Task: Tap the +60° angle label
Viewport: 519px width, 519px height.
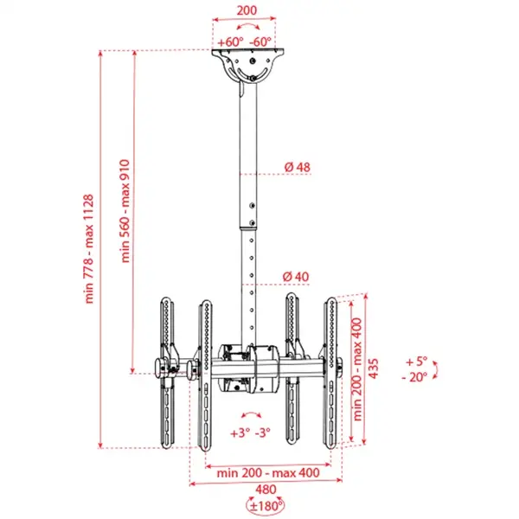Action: (229, 42)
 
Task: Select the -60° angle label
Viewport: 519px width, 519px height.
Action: (260, 42)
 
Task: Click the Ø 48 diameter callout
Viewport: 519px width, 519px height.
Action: (296, 166)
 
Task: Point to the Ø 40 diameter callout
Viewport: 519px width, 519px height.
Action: (296, 276)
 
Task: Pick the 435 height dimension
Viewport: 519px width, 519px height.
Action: (374, 368)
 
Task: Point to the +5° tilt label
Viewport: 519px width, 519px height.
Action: (416, 362)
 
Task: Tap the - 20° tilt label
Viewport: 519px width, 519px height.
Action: (415, 377)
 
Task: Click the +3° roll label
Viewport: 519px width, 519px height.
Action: (238, 432)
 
